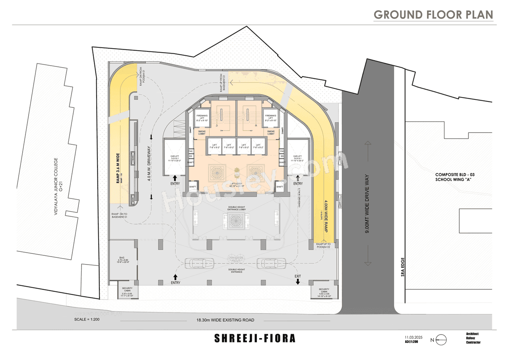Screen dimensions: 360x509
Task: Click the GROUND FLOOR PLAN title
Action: tap(433, 15)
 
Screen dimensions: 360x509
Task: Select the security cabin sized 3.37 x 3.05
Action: tap(127, 292)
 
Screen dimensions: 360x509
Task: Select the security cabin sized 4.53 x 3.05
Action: tap(324, 292)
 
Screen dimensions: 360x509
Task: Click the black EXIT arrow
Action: tap(298, 281)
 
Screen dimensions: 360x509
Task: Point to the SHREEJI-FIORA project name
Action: tap(255, 339)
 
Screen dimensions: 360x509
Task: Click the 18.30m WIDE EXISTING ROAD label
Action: tap(225, 320)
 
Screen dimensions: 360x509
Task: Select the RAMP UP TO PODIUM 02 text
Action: tap(323, 245)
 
